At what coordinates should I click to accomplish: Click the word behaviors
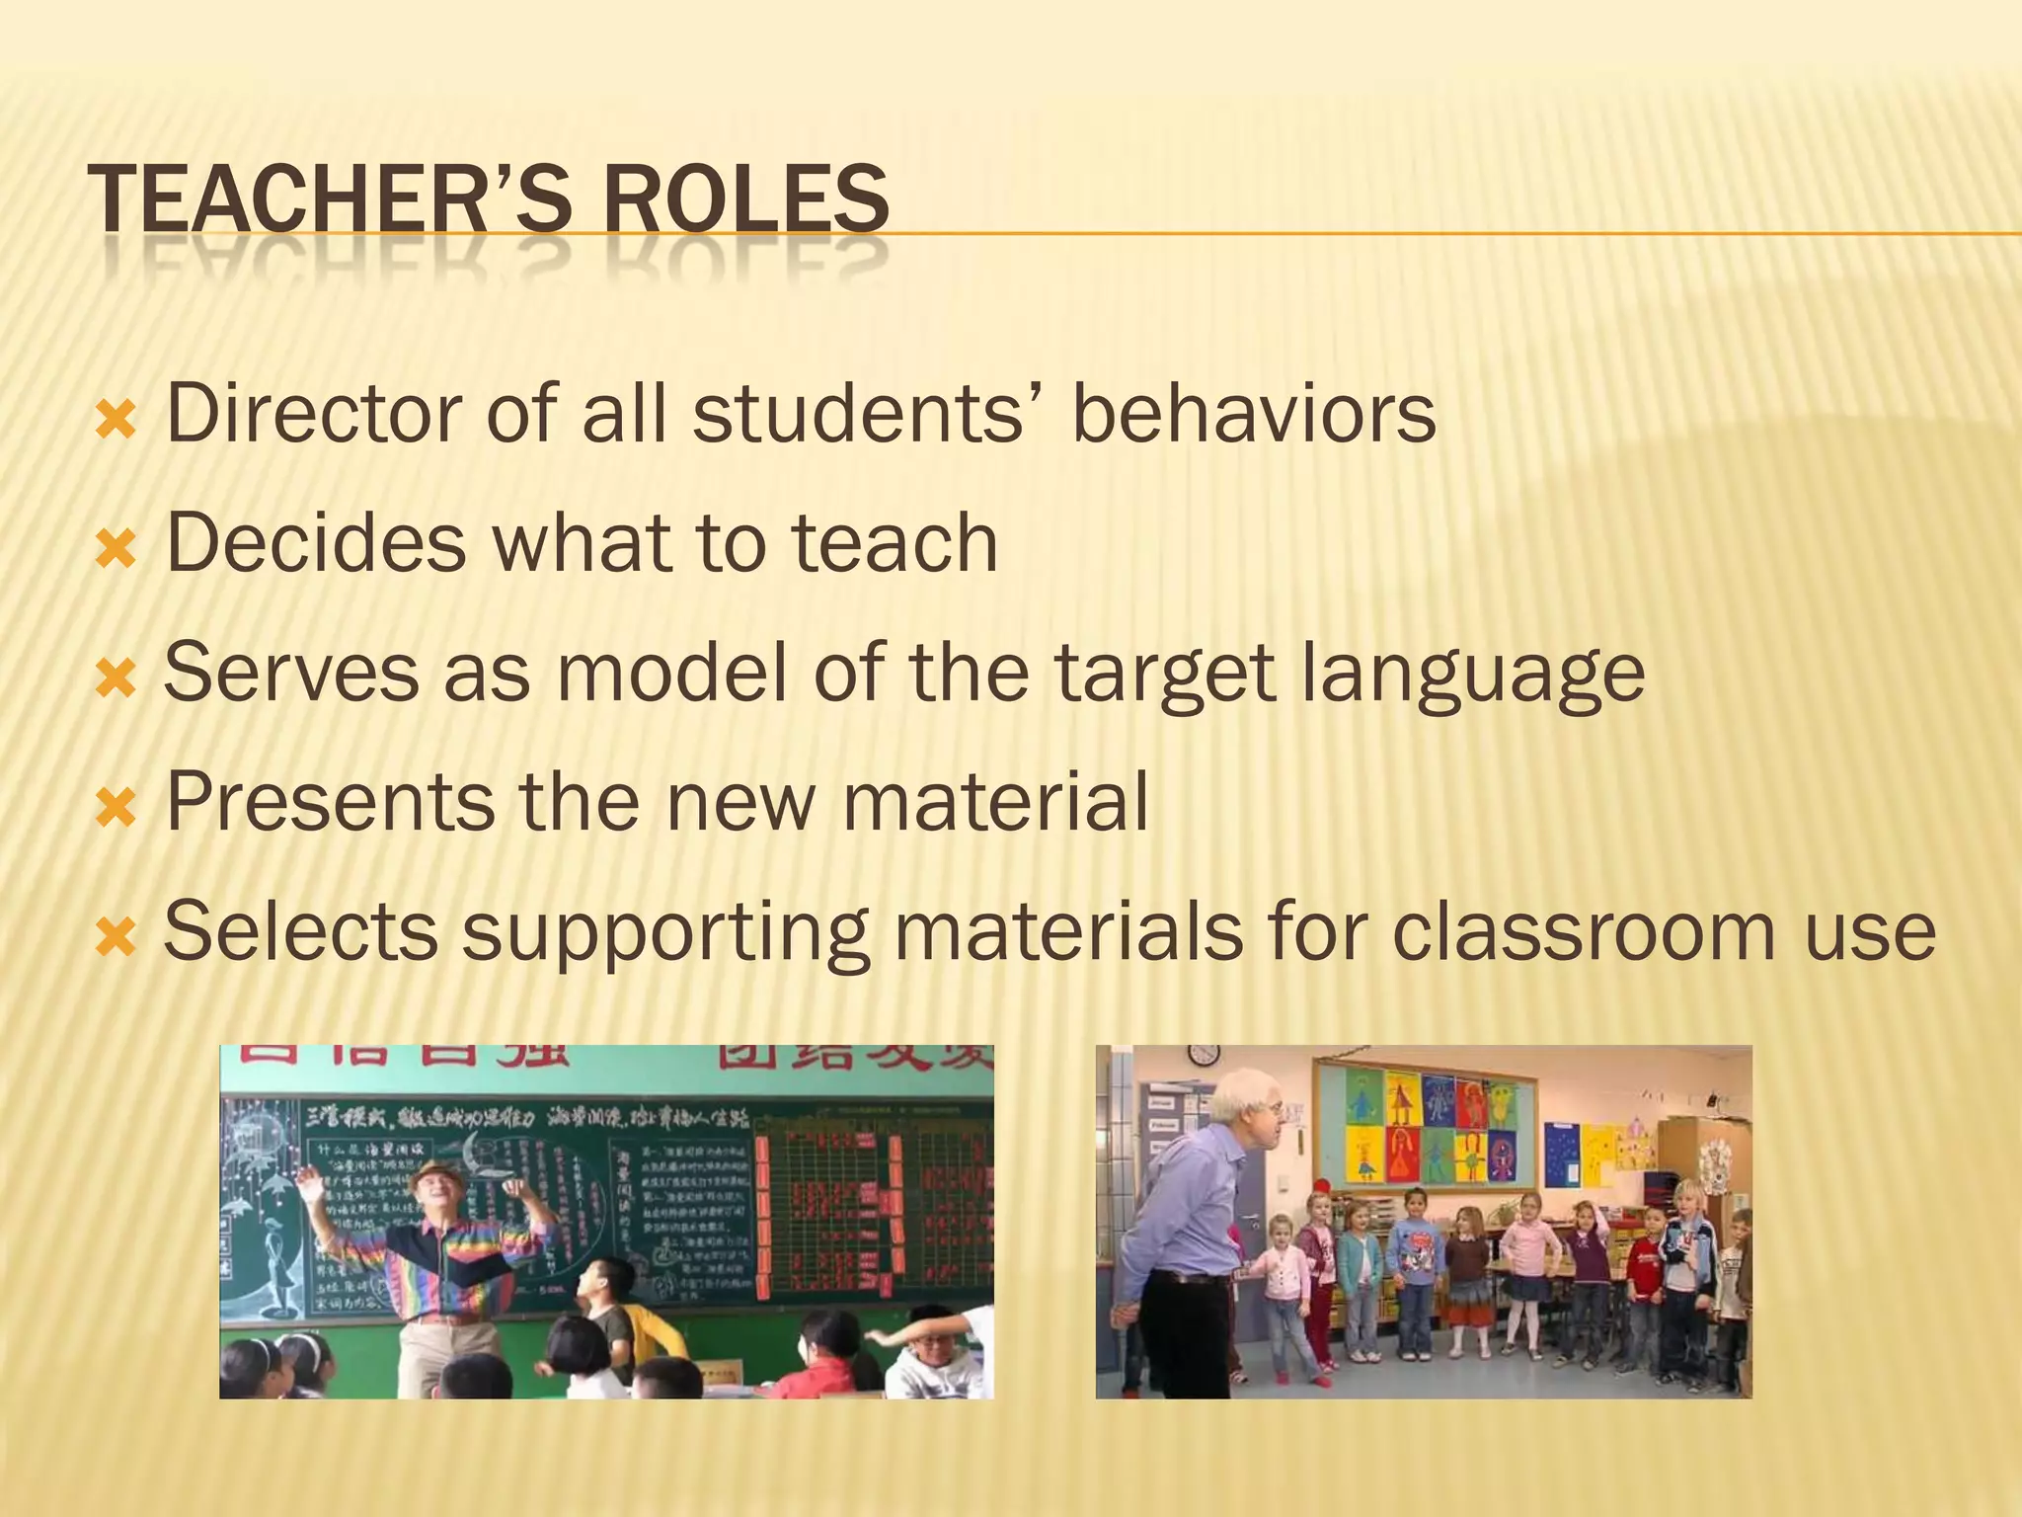coord(1253,413)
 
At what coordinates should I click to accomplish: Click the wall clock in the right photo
coord(1204,1053)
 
